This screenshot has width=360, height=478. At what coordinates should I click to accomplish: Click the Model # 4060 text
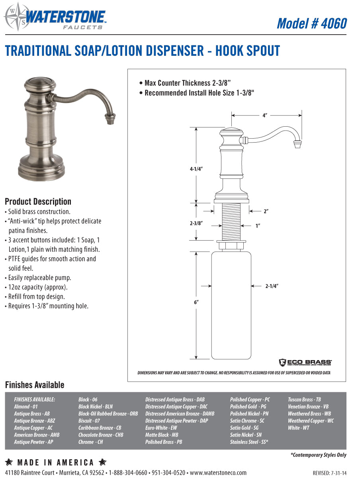[311, 24]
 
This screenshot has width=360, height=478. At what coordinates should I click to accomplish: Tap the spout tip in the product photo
[110, 119]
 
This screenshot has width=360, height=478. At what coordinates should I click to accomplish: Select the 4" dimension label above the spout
[264, 116]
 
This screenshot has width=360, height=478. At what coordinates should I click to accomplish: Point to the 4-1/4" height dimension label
[196, 169]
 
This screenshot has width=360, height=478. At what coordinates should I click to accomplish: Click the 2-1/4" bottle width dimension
[272, 286]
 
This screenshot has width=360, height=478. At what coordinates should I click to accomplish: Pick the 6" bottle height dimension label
[196, 302]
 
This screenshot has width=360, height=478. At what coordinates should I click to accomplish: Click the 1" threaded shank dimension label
[258, 226]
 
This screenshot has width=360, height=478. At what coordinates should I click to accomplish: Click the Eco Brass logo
[305, 362]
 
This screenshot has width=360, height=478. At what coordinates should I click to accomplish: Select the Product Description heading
[38, 202]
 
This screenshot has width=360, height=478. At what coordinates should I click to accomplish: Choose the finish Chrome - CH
[90, 442]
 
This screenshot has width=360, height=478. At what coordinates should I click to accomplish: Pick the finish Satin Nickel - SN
[246, 435]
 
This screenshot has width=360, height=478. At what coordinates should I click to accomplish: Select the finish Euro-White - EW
[161, 428]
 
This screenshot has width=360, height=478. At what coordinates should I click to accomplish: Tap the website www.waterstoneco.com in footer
[218, 473]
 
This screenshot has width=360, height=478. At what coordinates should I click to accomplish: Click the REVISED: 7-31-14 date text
[329, 473]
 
